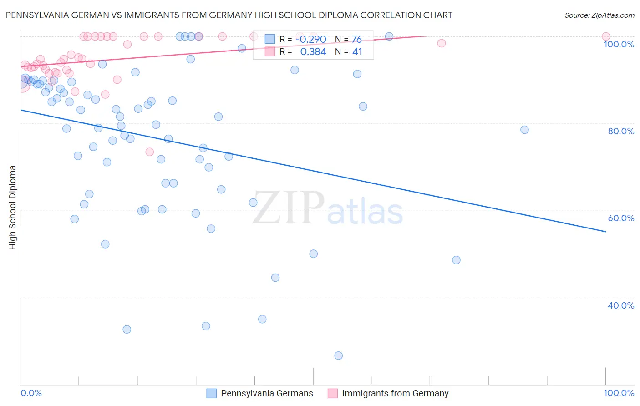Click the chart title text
(229, 15)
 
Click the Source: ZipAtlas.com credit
(599, 15)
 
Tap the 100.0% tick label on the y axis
(619, 44)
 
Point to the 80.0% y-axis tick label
(621, 131)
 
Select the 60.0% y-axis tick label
(621, 218)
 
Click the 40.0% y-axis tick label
(621, 305)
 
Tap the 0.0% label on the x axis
(31, 393)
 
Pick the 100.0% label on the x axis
(619, 393)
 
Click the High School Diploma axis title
(13, 207)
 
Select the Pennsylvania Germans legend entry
(267, 393)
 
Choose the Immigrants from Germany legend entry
(395, 393)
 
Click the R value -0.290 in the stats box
(311, 39)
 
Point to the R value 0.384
(313, 52)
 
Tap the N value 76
(356, 39)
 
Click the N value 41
(357, 52)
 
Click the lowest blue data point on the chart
(338, 355)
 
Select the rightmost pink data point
(605, 36)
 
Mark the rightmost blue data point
(524, 130)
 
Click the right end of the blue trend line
(605, 232)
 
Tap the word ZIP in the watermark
(288, 208)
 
